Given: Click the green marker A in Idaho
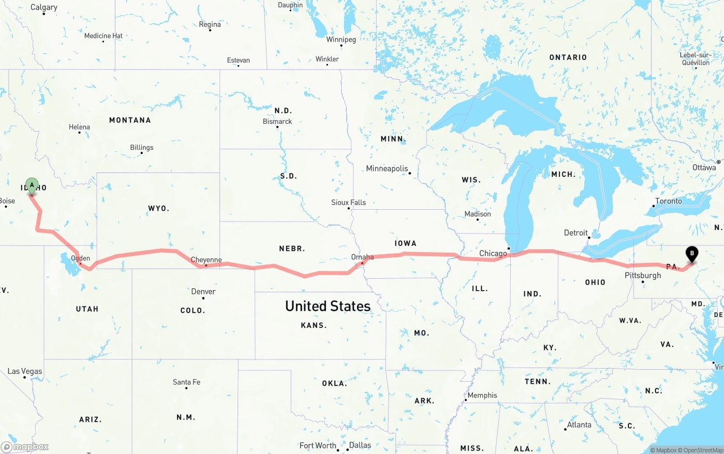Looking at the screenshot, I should click(x=32, y=185).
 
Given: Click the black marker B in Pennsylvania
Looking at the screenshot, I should click(x=691, y=254).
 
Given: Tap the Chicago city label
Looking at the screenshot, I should click(x=493, y=253).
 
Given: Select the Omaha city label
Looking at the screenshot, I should click(x=362, y=257).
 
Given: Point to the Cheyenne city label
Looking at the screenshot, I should click(x=206, y=260).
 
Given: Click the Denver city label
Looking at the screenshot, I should click(x=203, y=292).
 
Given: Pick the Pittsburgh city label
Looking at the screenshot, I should click(x=643, y=275).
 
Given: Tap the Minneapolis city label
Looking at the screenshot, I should click(x=387, y=168).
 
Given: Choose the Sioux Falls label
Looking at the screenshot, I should click(x=348, y=202).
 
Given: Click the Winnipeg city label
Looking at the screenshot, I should click(x=341, y=40).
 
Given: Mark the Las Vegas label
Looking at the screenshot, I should click(x=24, y=371).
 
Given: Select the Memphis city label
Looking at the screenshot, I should click(x=482, y=395).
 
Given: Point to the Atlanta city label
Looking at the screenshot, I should click(x=579, y=425).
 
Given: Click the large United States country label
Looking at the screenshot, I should click(x=327, y=306).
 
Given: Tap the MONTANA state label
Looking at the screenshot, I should click(x=130, y=120).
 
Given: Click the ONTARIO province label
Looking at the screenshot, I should click(x=568, y=57).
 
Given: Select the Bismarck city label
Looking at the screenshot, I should click(x=277, y=122).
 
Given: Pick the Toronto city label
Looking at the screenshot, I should click(x=669, y=201).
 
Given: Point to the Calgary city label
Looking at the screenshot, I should click(x=44, y=7).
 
